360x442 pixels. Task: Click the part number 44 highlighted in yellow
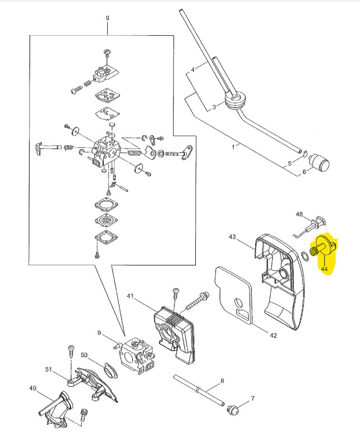[324, 268]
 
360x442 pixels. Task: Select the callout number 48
[299, 214]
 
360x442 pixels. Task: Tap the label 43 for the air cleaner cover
[233, 237]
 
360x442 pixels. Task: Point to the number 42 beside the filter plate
[273, 335]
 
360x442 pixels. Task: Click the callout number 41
[130, 296]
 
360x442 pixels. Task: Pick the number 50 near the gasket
[84, 355]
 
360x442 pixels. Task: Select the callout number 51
[48, 369]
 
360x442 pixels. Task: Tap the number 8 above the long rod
[222, 381]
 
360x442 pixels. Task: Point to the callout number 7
[252, 398]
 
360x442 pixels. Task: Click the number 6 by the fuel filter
[304, 173]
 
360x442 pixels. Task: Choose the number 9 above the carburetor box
[107, 18]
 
